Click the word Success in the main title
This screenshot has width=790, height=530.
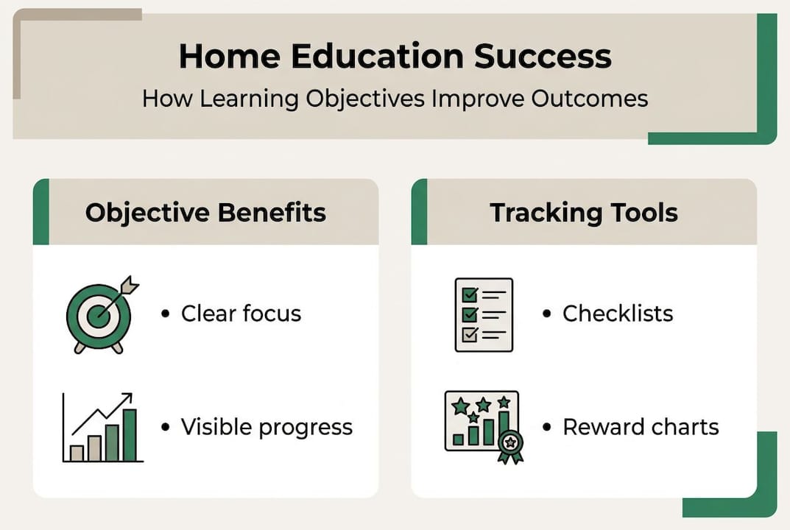pos(543,56)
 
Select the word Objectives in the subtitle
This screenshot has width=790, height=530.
pos(365,99)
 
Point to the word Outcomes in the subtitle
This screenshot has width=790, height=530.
pos(590,98)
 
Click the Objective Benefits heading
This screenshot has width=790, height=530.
pos(205,213)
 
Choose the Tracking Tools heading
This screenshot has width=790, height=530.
pos(584,213)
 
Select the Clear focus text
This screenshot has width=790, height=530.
pos(241,314)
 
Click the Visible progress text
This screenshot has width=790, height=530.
pos(267,427)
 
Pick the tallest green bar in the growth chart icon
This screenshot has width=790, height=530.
pos(130,435)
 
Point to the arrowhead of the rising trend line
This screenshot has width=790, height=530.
pos(127,397)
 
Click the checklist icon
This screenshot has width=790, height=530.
pos(484,315)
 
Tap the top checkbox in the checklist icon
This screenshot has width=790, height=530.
pos(470,294)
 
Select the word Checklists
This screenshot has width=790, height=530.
pos(618,314)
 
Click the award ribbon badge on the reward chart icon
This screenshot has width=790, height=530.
pos(510,446)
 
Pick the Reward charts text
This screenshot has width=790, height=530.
pos(641,427)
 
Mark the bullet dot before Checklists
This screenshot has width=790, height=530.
pos(546,314)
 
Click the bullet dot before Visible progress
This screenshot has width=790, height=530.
pos(165,427)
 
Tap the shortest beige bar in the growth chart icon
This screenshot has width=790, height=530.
pos(77,453)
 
